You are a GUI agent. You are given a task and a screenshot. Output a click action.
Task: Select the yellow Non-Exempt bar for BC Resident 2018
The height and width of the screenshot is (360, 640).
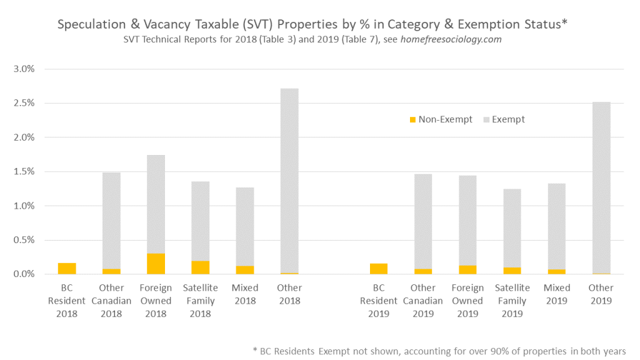67,269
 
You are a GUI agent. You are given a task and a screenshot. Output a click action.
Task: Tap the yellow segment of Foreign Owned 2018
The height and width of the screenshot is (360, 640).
156,264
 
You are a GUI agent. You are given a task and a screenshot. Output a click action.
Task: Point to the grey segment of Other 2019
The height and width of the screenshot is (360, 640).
601,187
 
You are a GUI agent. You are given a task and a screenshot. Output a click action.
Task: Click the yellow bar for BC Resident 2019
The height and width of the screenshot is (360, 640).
378,269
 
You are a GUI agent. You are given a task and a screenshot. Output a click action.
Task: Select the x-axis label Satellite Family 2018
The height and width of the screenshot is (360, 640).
200,301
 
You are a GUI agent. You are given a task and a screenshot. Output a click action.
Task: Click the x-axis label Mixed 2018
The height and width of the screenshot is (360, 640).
244,294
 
